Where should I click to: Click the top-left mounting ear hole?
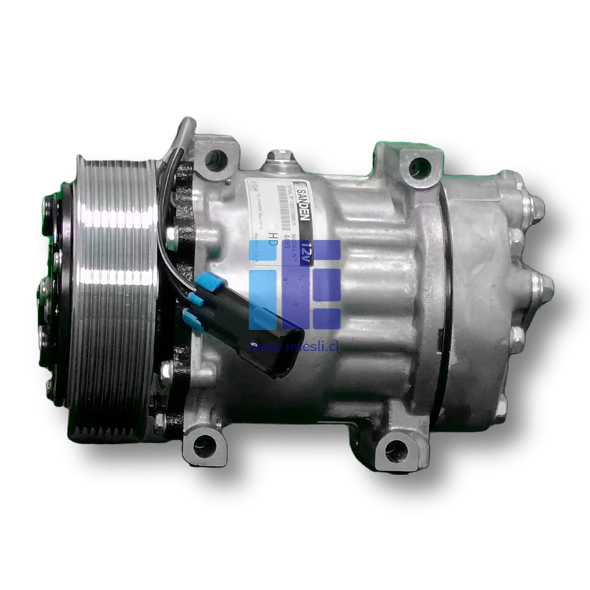coord(215,157)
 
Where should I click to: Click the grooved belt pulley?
coord(111,295)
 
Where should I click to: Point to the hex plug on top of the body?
coord(280,157)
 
